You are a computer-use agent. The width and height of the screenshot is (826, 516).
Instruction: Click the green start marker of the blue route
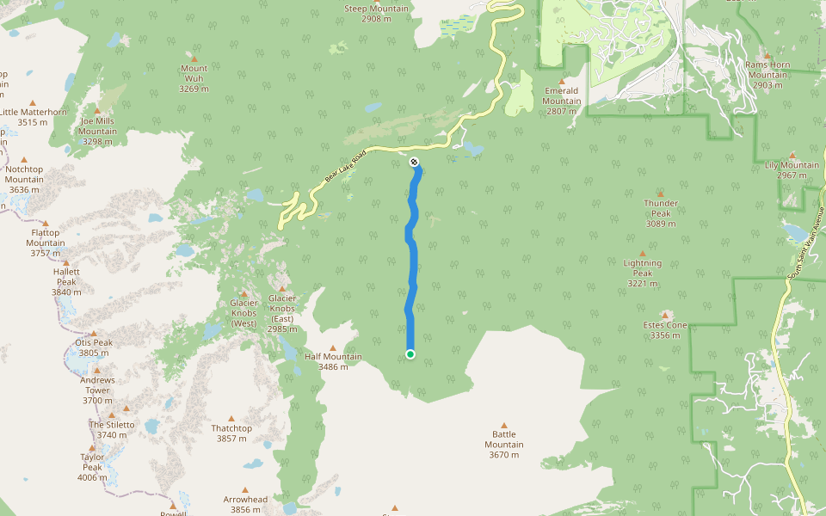(410, 354)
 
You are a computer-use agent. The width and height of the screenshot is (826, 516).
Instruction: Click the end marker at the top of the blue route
(415, 162)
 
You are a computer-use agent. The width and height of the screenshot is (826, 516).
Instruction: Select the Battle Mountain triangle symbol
(504, 424)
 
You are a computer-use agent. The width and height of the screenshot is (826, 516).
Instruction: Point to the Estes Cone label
(665, 330)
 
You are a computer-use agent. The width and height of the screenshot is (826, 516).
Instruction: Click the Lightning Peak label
(643, 273)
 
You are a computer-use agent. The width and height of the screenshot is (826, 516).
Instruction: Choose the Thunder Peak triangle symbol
(661, 194)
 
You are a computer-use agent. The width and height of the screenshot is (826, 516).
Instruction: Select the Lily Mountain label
(792, 169)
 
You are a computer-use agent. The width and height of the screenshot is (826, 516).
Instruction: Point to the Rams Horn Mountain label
(767, 74)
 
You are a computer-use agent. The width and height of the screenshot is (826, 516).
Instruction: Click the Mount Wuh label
(194, 78)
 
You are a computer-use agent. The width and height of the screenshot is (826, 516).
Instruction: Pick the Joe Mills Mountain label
(97, 131)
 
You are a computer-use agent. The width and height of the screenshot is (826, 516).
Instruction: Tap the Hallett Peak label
(66, 281)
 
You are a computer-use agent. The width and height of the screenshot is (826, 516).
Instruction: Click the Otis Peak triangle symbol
(93, 334)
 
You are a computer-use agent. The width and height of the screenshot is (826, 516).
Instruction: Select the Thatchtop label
(231, 433)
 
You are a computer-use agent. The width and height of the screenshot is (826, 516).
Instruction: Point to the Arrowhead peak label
(245, 504)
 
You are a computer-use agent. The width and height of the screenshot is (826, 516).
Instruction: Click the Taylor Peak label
(92, 467)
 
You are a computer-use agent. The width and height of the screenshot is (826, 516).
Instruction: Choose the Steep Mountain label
(376, 13)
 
